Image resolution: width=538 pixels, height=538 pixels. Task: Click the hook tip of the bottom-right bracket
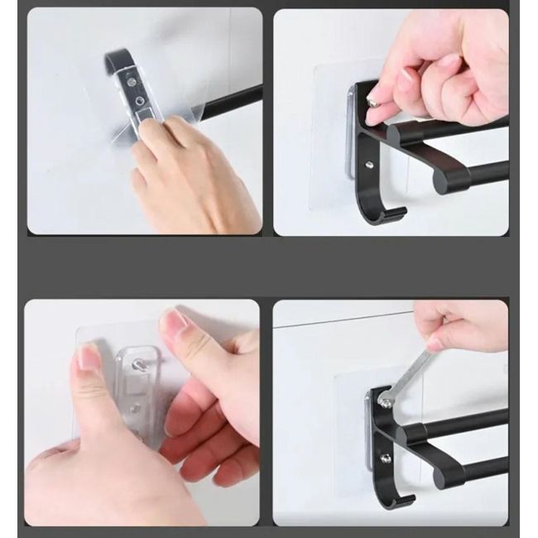[406, 499]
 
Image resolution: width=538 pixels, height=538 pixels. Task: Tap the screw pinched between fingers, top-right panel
[372, 103]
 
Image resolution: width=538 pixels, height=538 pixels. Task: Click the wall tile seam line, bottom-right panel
[348, 322]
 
